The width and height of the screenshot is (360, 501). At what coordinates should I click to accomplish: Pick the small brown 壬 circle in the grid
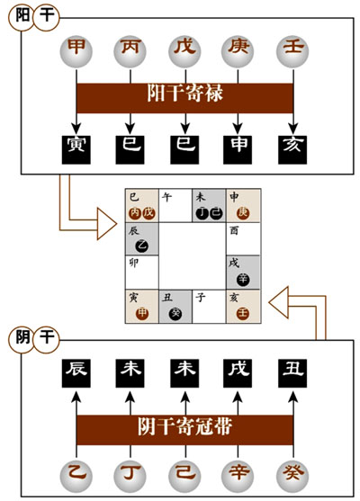(x=243, y=313)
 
